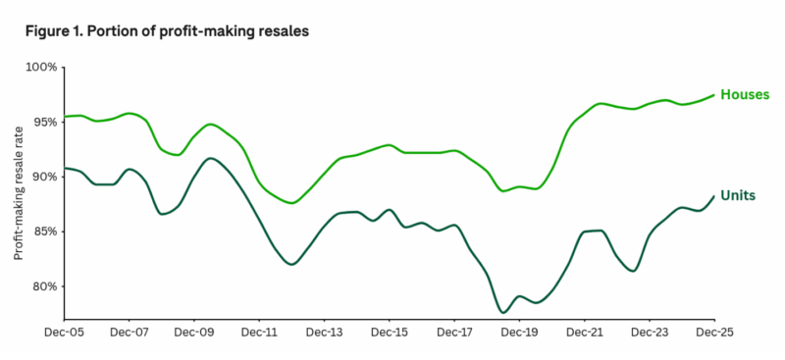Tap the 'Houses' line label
click(x=744, y=95)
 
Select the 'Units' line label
click(x=737, y=195)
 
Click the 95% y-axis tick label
click(x=44, y=122)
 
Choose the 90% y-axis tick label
click(x=44, y=177)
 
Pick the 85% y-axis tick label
click(x=44, y=231)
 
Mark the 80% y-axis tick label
click(x=44, y=286)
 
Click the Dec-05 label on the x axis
click(x=64, y=333)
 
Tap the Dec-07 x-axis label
click(x=129, y=333)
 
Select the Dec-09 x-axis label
click(x=193, y=333)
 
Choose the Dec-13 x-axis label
click(x=324, y=333)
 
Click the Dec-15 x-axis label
click(x=389, y=333)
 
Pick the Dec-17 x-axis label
click(x=453, y=333)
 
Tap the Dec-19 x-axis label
click(x=518, y=333)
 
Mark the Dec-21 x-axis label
click(x=584, y=333)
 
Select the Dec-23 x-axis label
click(x=649, y=333)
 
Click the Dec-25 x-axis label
click(x=713, y=333)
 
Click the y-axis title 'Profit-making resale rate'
click(x=18, y=193)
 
